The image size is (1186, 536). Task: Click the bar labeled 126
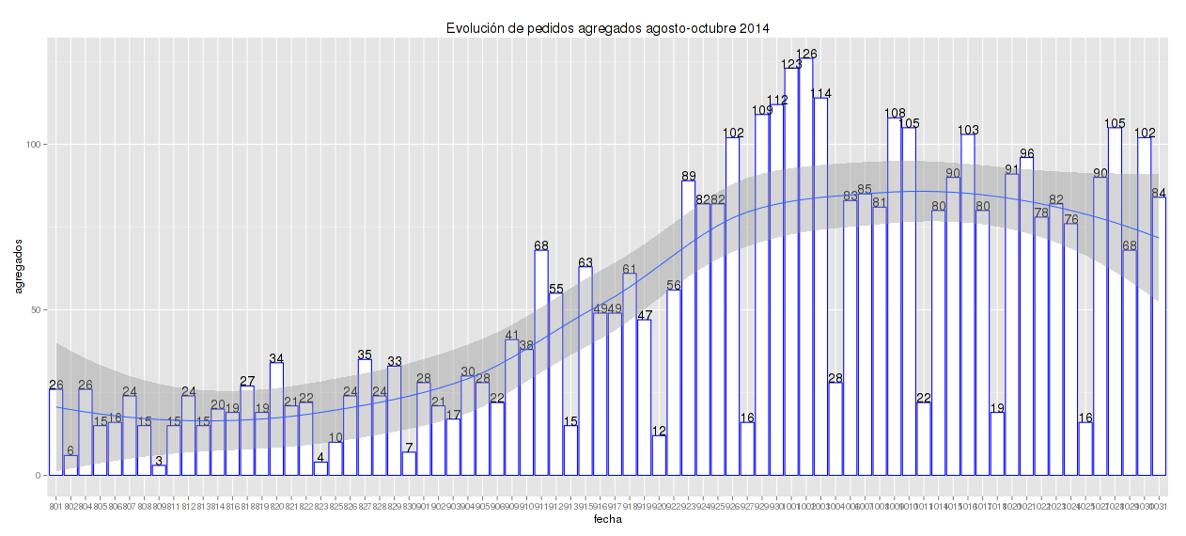point(806,267)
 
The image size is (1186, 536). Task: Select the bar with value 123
point(791,272)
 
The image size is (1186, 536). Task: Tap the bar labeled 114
point(820,287)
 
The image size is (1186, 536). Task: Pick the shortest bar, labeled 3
point(159,470)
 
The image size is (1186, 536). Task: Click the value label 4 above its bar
point(320,457)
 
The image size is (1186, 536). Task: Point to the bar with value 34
point(276,418)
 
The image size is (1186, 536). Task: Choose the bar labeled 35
point(365,417)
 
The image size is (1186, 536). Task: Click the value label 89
point(689,176)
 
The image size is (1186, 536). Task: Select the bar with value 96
point(1026,316)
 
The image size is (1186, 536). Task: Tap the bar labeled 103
point(968,305)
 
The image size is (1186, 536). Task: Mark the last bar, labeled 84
point(1159,336)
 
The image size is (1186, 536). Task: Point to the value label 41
point(512,336)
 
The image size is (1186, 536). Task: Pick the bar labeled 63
point(585,370)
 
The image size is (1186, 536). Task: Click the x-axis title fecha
point(607,519)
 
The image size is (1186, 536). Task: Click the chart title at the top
point(608,28)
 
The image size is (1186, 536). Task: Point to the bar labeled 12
point(659,455)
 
